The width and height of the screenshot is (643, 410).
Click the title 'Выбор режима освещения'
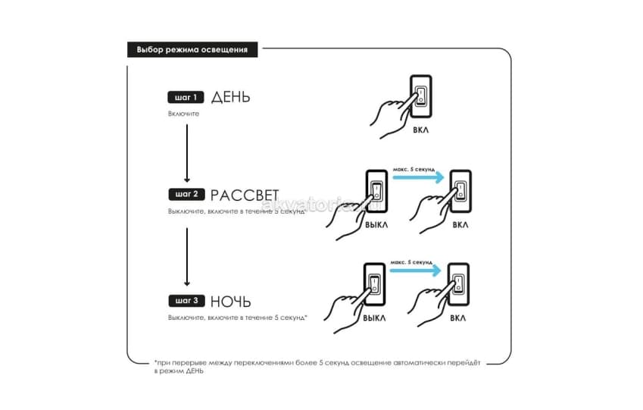(192, 50)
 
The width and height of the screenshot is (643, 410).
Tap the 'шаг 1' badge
(186, 97)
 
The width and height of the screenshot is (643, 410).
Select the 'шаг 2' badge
(186, 194)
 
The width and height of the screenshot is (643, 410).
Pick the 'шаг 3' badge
(186, 301)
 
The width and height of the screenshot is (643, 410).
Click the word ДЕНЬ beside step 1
(230, 97)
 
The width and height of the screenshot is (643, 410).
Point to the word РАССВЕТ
(245, 195)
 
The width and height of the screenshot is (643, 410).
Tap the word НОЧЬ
(230, 302)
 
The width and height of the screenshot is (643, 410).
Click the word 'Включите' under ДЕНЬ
(183, 114)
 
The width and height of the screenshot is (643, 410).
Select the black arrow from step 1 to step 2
(187, 153)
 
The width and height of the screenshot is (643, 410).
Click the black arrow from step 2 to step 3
(187, 257)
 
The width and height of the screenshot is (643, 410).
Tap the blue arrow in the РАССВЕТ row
(418, 177)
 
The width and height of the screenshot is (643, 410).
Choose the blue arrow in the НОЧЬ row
(415, 271)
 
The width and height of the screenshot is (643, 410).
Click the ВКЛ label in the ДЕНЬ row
(421, 130)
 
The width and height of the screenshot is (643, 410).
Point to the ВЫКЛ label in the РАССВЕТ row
(376, 225)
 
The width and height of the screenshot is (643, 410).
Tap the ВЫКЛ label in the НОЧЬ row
(374, 318)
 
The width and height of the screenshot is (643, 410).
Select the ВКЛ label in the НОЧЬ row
(457, 318)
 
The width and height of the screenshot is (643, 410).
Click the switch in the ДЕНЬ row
(421, 97)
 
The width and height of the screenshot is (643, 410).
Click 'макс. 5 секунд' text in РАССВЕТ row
(414, 169)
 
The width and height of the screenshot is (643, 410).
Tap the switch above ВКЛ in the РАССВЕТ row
(461, 191)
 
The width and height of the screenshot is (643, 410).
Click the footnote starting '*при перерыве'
(317, 367)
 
